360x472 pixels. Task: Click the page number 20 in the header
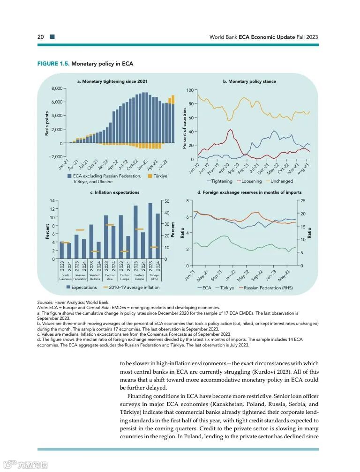(x=41, y=37)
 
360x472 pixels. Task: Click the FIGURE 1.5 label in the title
(x=53, y=64)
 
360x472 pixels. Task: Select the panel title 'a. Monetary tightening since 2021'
(x=112, y=81)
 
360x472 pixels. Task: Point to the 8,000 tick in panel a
(x=57, y=88)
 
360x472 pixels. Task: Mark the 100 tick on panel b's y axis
(x=190, y=90)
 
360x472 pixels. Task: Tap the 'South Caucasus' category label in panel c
(x=65, y=277)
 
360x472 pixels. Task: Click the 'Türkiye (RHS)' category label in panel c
(x=154, y=277)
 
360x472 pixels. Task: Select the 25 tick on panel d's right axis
(x=303, y=201)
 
